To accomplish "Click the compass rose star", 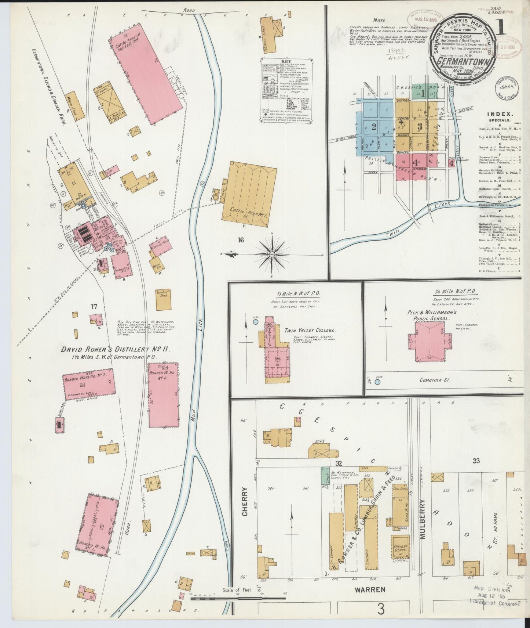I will [272, 254].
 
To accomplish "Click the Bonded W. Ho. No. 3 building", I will [163, 395].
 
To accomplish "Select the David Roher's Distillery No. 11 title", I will [115, 349].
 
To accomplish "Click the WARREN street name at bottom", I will [370, 600].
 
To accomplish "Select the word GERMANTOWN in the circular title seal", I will [463, 61].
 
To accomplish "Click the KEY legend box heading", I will [286, 61].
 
